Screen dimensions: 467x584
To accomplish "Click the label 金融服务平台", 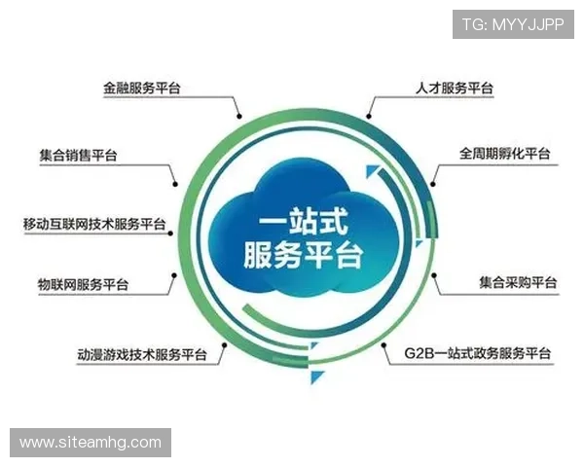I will tap(142, 88).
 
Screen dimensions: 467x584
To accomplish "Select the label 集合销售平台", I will tap(83, 155).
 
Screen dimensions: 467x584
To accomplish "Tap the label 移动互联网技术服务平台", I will tap(94, 224).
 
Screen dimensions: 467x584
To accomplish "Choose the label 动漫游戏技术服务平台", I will tap(142, 354).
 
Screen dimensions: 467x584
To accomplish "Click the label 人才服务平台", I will tap(448, 88).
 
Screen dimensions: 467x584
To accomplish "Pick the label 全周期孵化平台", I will tap(505, 154).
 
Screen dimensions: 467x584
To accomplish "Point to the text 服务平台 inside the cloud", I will tap(301, 255).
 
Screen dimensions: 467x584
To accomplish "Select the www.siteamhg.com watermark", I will tap(90, 443).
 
